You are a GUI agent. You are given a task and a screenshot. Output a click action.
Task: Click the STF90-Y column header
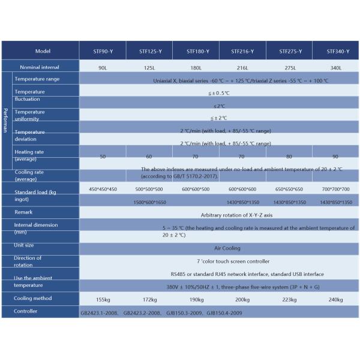(103, 52)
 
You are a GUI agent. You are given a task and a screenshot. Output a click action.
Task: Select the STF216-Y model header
(242, 52)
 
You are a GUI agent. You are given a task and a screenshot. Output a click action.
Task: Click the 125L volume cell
(149, 67)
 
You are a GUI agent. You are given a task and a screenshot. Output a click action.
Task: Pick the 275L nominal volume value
(289, 67)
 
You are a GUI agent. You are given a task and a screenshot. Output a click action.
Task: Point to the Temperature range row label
(37, 79)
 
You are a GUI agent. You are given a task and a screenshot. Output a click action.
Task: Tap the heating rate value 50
(103, 156)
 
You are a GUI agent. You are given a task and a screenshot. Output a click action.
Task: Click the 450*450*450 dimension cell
(103, 189)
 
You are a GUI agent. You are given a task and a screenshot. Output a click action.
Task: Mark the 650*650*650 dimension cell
(289, 189)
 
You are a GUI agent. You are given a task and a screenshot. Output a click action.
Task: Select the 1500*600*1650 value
(149, 202)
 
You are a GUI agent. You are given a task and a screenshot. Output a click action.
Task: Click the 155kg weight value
(103, 299)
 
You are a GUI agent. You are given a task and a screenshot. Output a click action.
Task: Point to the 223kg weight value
(289, 299)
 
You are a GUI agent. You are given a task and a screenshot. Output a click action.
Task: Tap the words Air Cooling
(227, 248)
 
